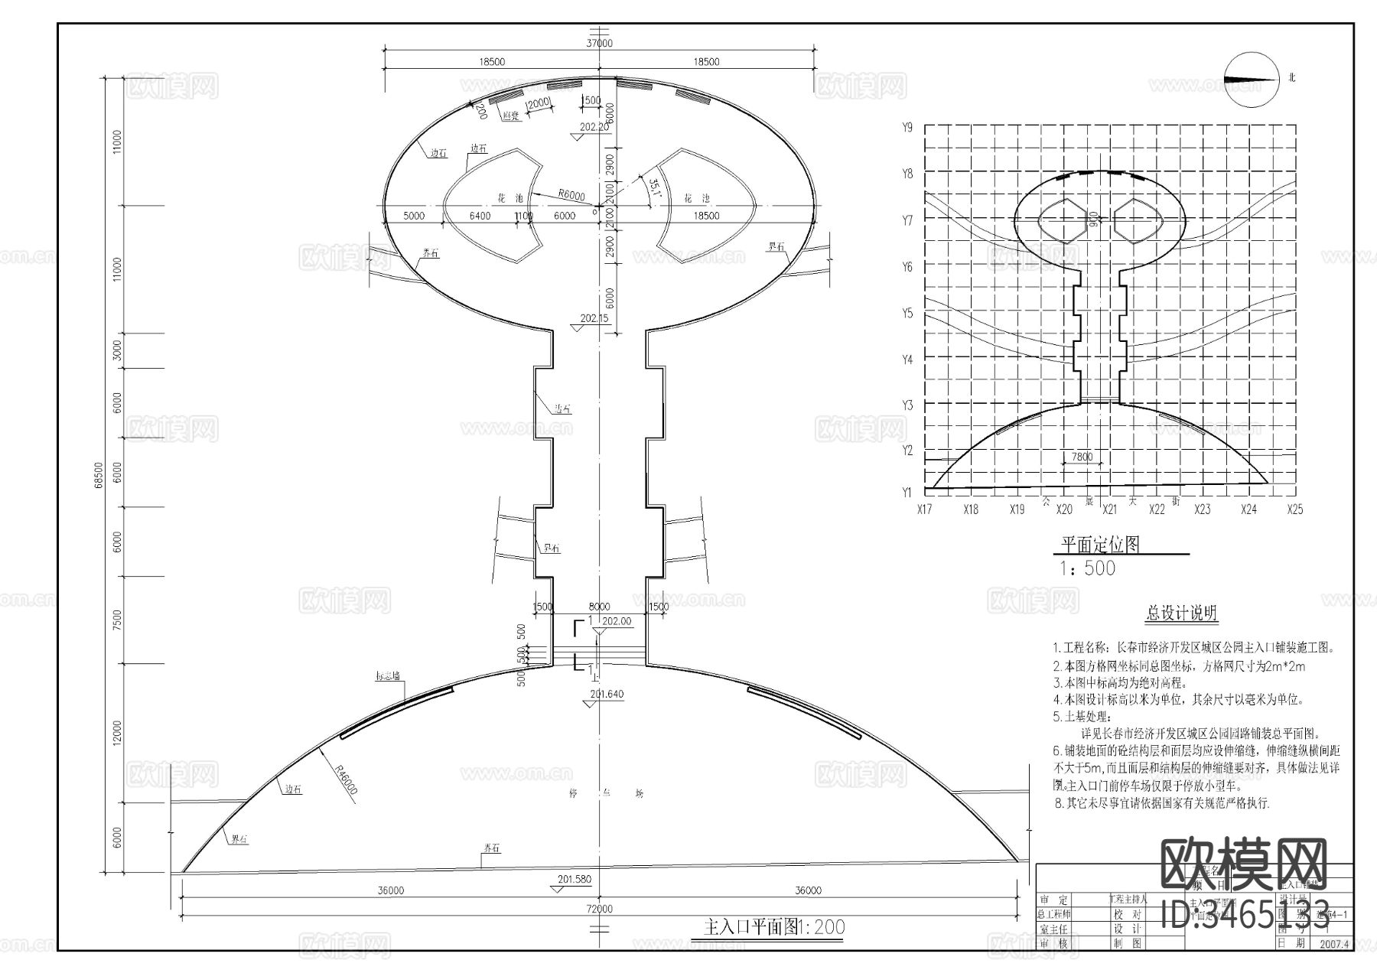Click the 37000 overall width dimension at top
[599, 44]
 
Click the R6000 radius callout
[571, 195]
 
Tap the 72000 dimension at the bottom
[599, 909]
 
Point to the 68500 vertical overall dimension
[98, 474]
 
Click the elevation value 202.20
[594, 128]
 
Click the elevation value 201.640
[607, 695]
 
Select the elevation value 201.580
[574, 880]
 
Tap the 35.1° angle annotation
[653, 188]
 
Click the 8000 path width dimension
[599, 607]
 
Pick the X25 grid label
[1294, 509]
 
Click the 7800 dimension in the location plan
[1082, 457]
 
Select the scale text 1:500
[1087, 568]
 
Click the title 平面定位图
[1099, 544]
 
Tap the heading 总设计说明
[1181, 613]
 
